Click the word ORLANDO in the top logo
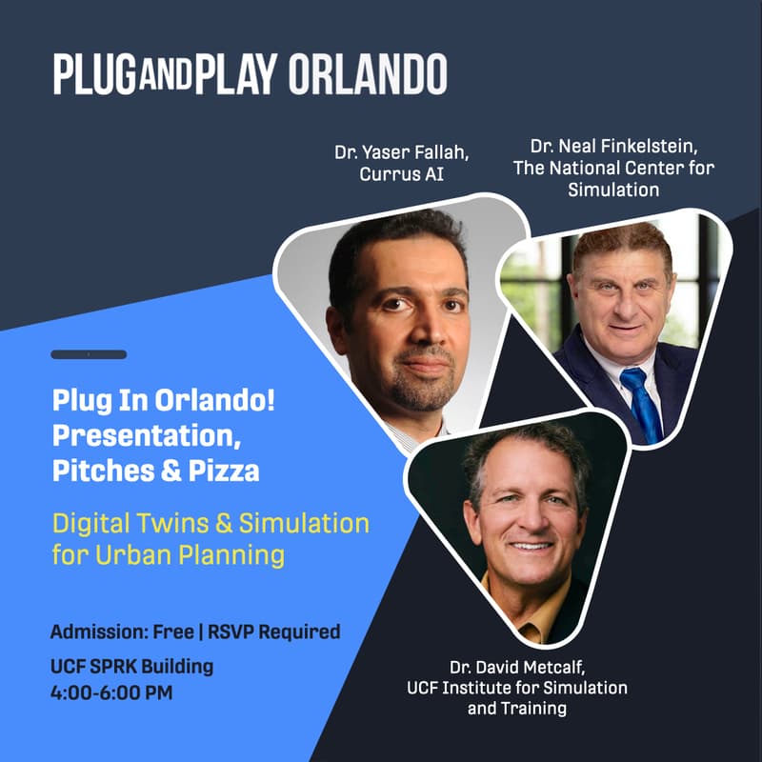coord(367,74)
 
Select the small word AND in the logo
coord(166,76)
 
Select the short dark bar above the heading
coord(89,354)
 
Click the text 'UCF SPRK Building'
coord(131,666)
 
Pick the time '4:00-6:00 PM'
coord(111,692)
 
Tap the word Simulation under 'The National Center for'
coord(613,190)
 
